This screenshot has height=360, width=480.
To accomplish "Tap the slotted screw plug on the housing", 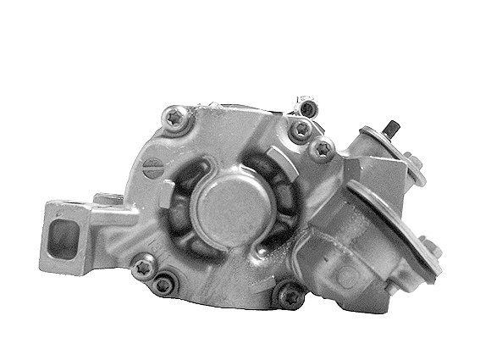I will coord(152,168).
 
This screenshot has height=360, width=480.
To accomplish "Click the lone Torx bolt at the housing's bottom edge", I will coord(290,295).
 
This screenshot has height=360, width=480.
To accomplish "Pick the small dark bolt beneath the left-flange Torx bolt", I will coord(163,285).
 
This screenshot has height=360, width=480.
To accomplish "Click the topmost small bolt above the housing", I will coord(307,107).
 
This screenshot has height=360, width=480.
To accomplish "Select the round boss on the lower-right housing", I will coord(345,275).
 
